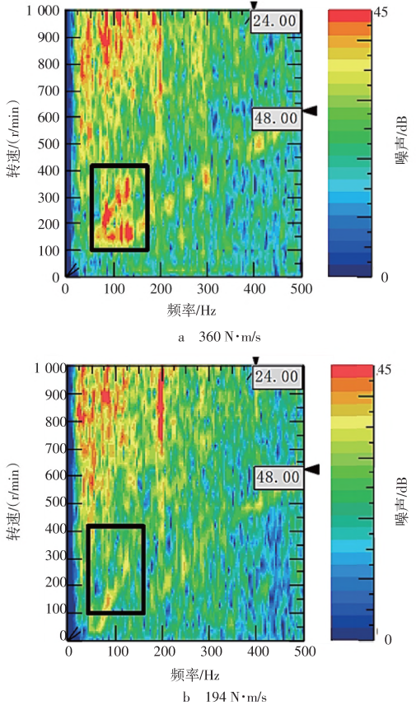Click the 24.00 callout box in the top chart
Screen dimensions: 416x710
[x=275, y=21]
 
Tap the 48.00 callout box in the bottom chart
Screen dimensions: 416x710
[x=278, y=477]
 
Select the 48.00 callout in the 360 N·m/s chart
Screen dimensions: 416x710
[x=276, y=119]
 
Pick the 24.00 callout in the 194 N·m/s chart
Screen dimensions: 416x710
[x=277, y=376]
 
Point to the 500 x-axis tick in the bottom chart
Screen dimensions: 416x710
[x=305, y=652]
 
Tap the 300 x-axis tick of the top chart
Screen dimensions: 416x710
[x=208, y=289]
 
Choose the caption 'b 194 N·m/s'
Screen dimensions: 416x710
[x=225, y=698]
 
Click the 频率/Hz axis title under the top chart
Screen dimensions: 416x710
[x=191, y=311]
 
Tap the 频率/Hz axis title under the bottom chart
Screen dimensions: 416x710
[x=194, y=675]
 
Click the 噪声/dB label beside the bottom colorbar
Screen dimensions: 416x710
[x=402, y=502]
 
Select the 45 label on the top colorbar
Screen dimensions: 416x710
[x=381, y=12]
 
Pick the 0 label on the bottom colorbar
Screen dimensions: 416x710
[x=387, y=639]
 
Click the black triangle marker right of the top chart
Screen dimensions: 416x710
[x=310, y=110]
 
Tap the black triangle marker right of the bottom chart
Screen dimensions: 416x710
[x=312, y=469]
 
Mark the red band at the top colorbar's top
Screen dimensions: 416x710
[x=349, y=16]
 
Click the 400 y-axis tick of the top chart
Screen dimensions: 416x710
[x=49, y=170]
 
